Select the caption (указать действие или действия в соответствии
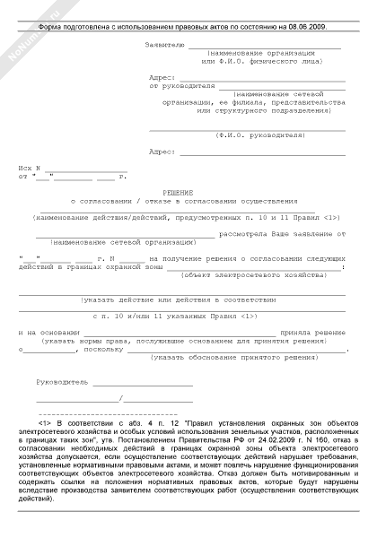[183, 299]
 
